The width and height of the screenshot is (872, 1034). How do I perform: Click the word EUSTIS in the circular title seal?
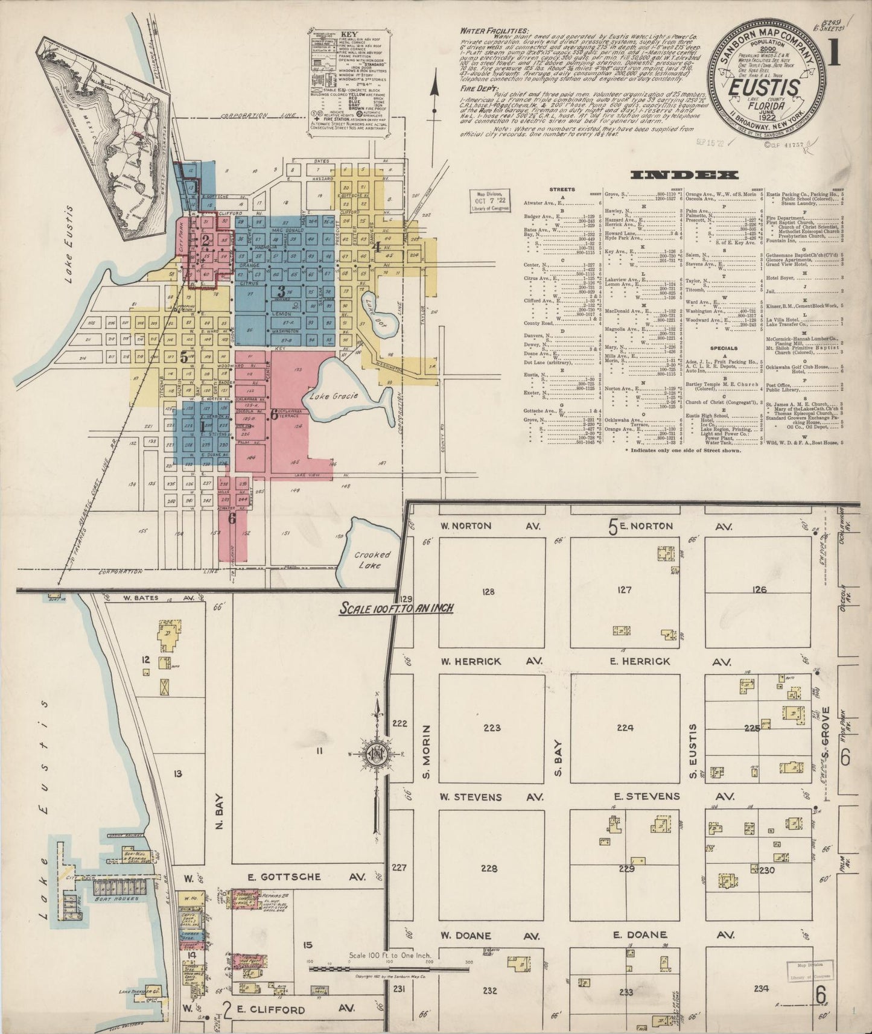764,88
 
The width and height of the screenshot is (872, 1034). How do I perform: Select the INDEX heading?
684,176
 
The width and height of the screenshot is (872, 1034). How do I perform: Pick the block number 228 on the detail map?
489,869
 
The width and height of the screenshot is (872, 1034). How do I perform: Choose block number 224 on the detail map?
625,728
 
